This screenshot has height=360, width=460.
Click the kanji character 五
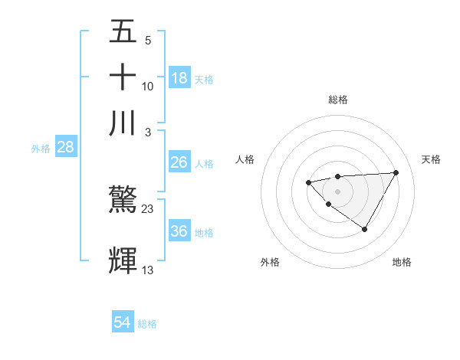(x=123, y=33)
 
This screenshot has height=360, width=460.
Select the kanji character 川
(x=123, y=123)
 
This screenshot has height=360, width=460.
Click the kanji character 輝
(x=123, y=260)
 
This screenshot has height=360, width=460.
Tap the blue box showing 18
(x=179, y=78)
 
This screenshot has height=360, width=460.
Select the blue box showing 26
(x=179, y=162)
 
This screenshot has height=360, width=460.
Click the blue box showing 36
(x=179, y=231)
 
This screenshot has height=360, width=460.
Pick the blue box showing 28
(x=65, y=148)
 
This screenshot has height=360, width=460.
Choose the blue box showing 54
(x=123, y=323)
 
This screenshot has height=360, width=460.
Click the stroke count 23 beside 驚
(x=148, y=208)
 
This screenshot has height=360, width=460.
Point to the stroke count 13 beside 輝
(x=148, y=269)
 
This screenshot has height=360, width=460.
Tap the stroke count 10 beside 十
(x=148, y=86)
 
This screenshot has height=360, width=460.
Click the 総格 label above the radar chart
(x=337, y=100)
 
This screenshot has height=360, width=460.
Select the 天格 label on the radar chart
(x=431, y=159)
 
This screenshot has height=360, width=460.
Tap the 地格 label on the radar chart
(x=402, y=262)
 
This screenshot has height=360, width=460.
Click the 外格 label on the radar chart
(x=270, y=262)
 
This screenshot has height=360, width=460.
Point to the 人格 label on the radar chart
(x=245, y=159)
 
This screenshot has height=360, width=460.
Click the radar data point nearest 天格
(x=396, y=172)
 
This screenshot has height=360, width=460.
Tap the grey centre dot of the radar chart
(x=337, y=191)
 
